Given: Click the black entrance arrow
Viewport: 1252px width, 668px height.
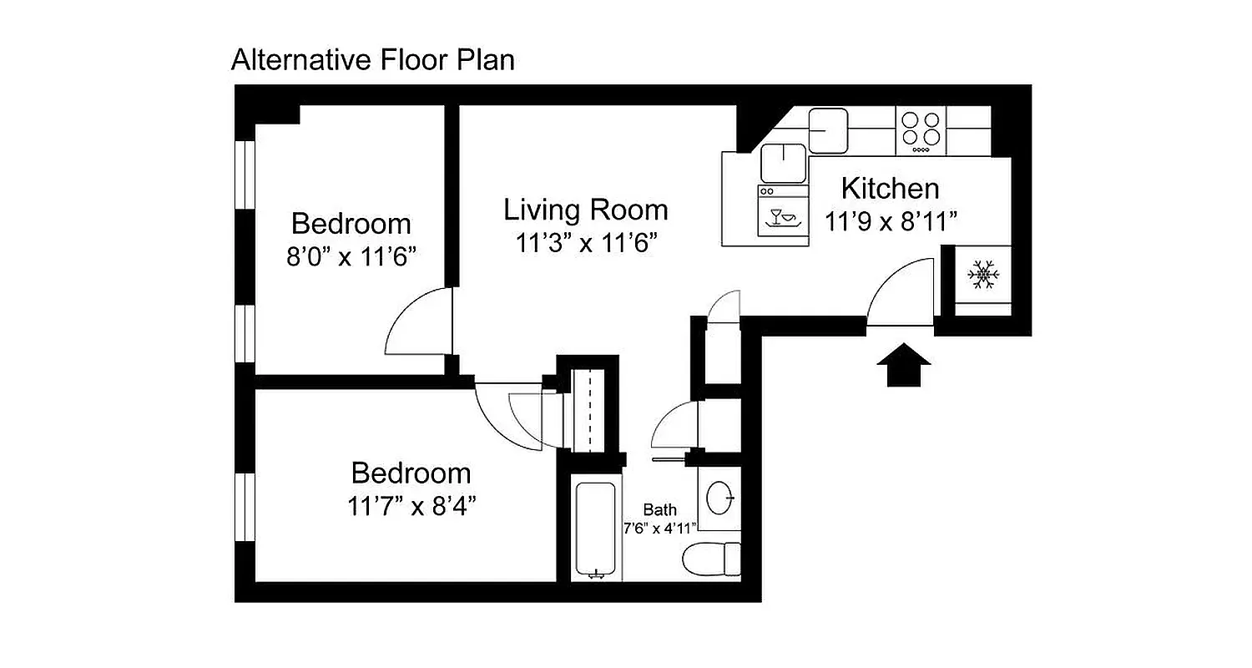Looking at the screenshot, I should (904, 367).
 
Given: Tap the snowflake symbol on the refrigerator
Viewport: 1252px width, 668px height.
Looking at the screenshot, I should (983, 276).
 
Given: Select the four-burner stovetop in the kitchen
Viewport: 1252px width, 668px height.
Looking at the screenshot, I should (921, 131).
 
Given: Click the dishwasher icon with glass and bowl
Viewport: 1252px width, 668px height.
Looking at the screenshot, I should (783, 215).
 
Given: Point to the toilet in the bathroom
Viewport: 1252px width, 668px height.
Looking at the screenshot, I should (712, 558).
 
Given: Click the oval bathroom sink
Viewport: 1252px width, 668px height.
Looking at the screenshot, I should (719, 498).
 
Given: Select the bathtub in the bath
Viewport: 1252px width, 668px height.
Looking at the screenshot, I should (597, 527).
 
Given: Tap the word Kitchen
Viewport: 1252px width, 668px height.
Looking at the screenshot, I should (890, 189).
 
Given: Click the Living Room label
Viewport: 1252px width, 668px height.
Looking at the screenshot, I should (585, 210).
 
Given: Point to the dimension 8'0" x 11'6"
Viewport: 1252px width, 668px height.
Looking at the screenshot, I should (351, 256).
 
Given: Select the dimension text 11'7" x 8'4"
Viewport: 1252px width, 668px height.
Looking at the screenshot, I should (411, 506).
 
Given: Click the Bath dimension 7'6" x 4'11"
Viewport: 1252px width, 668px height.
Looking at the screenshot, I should (659, 528).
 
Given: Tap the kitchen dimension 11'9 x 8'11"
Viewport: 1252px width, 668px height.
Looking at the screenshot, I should (890, 222).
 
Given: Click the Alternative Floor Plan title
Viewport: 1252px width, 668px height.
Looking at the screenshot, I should (372, 60).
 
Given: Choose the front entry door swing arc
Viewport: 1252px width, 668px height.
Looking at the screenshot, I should (900, 292).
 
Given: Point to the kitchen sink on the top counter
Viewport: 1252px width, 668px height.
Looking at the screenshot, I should (827, 130).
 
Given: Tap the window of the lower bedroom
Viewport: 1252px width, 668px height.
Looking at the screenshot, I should (244, 507).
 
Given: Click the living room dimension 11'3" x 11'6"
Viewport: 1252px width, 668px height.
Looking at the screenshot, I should (585, 244).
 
